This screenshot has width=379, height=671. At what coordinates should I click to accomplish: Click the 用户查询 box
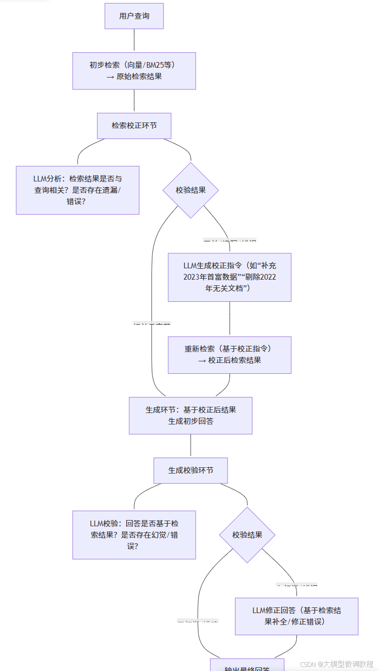pyautogui.click(x=134, y=16)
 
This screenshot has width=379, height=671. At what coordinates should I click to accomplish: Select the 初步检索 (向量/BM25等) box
pyautogui.click(x=134, y=71)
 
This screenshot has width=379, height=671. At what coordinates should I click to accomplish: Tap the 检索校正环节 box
pyautogui.click(x=134, y=126)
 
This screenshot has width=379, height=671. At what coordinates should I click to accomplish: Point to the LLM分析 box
pyautogui.click(x=77, y=190)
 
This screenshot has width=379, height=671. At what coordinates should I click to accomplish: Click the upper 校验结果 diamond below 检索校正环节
pyautogui.click(x=191, y=190)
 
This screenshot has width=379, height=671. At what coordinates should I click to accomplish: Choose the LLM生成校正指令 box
pyautogui.click(x=230, y=277)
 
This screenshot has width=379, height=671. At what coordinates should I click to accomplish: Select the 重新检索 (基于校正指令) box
pyautogui.click(x=230, y=355)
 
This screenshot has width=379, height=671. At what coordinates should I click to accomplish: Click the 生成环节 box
pyautogui.click(x=191, y=415)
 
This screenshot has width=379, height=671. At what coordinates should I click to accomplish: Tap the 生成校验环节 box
pyautogui.click(x=191, y=470)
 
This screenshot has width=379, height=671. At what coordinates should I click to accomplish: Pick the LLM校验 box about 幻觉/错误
pyautogui.click(x=134, y=535)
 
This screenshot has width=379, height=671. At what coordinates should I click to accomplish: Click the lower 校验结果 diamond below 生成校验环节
pyautogui.click(x=247, y=535)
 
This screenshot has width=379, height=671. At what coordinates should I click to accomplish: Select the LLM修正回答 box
pyautogui.click(x=296, y=616)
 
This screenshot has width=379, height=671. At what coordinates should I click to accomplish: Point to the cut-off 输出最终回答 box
pyautogui.click(x=247, y=665)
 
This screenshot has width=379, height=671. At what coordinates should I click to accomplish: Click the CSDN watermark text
pyautogui.click(x=337, y=664)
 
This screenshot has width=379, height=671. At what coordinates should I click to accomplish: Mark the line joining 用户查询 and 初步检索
pyautogui.click(x=134, y=40)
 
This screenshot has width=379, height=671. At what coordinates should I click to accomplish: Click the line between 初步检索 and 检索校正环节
pyautogui.click(x=134, y=101)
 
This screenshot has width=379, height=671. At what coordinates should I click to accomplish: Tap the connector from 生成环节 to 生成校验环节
pyautogui.click(x=191, y=446)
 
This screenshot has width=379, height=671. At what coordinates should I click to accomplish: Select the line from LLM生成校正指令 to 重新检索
pyautogui.click(x=230, y=319)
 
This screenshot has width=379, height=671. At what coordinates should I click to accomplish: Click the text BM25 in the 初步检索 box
pyautogui.click(x=153, y=65)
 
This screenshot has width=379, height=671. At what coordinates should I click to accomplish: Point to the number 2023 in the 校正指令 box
pyautogui.click(x=192, y=277)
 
